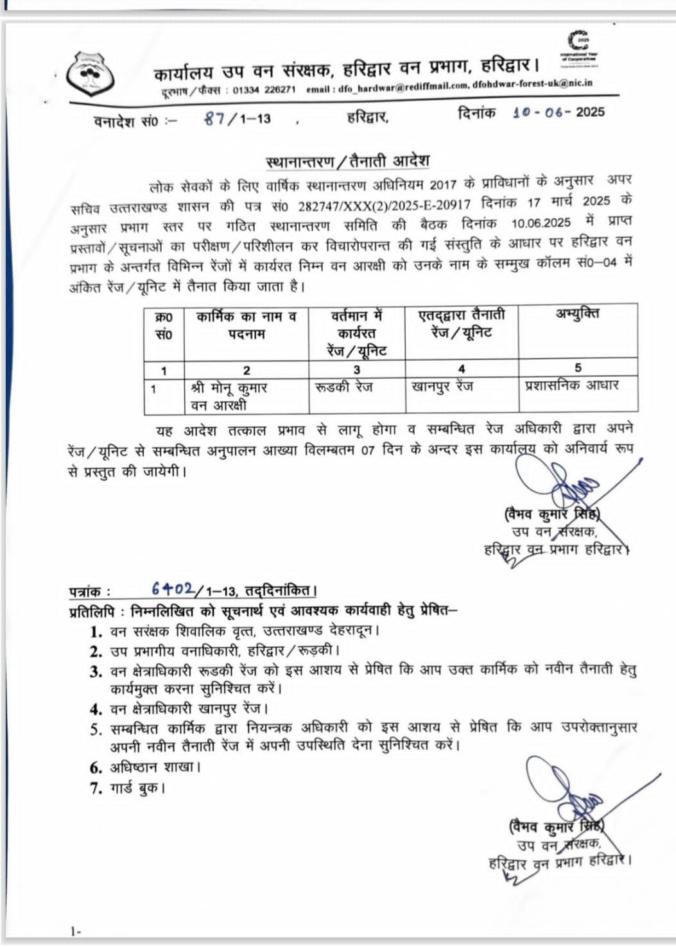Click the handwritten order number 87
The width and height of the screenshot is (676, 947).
coord(214,118)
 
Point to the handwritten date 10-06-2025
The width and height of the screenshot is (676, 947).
coord(542,112)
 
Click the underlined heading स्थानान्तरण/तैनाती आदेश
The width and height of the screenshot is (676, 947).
coord(347,161)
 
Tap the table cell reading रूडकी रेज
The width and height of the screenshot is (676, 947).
coord(344,387)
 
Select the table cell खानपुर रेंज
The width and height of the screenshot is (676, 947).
coord(442,387)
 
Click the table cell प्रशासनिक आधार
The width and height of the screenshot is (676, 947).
coord(571,385)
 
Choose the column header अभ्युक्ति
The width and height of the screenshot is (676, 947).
coord(578,315)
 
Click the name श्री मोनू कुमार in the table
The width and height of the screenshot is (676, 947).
coord(229,388)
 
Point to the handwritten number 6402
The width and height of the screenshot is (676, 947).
coord(173,588)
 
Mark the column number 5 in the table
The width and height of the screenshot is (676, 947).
coord(578,368)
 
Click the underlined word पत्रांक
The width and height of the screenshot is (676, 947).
coord(89,591)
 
